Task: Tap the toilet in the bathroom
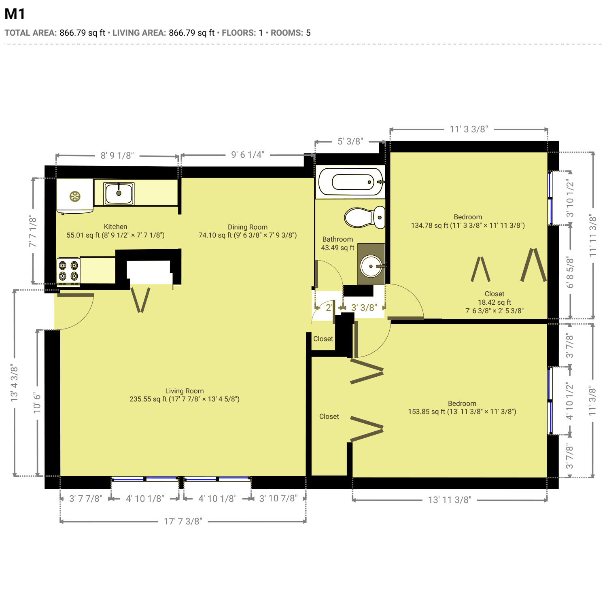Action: [x=365, y=217]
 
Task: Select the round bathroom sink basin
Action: [x=371, y=266]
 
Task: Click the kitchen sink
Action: [x=119, y=193]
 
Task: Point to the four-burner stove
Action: [x=68, y=271]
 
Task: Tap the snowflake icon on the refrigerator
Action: [x=75, y=197]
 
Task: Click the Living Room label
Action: [x=185, y=391]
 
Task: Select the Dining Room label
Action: [x=248, y=227]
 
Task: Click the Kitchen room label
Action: [x=115, y=227]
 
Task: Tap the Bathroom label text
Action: [x=337, y=239]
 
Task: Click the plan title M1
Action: [x=15, y=14]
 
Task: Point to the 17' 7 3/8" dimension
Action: [x=183, y=521]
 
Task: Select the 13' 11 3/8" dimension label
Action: [x=450, y=500]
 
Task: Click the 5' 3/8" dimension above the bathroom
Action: [x=350, y=141]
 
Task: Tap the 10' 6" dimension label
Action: [x=37, y=403]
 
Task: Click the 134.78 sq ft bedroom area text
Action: [x=430, y=225]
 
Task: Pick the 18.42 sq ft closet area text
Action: [x=495, y=302]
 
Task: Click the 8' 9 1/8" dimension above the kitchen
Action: [x=117, y=155]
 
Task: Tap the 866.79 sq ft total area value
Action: [x=83, y=33]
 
